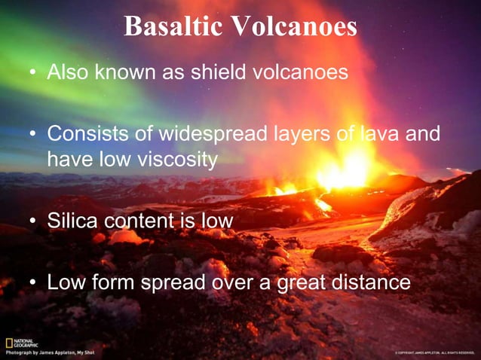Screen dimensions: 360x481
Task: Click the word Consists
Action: [89, 134]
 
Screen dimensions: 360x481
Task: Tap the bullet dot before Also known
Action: [32, 74]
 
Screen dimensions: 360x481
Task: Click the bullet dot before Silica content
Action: [32, 221]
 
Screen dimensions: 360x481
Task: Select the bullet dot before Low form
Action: [32, 283]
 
